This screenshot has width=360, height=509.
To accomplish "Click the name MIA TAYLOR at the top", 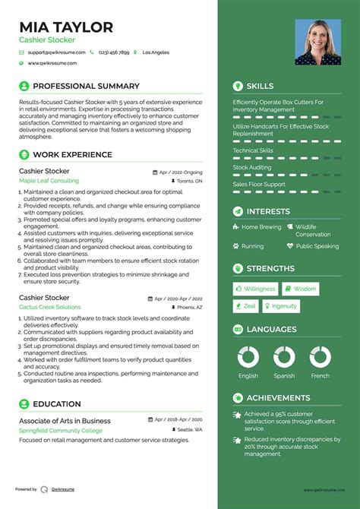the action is point(66,27).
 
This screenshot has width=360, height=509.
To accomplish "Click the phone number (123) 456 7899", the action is point(113,52).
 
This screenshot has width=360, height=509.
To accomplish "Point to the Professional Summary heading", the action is point(87,87).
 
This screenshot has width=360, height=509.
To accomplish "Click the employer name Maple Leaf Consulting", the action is point(49,182).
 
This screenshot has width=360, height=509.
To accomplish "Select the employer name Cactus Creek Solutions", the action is point(50,307).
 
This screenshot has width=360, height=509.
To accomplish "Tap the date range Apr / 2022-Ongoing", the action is point(181,172).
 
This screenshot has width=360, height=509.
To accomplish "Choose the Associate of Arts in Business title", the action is point(65,420).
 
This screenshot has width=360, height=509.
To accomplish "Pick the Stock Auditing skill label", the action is point(251,167).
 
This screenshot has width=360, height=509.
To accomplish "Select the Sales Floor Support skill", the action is point(259,184).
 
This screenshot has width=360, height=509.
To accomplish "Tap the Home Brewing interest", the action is point(261,226).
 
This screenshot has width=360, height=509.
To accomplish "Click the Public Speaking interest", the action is point(317,246).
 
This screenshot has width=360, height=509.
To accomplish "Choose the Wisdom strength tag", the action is point(301,289).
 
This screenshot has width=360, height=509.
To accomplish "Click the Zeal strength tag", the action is point(246,306).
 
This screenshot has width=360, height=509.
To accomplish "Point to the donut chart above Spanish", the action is point(284,356).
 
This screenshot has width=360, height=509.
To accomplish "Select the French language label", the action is point(321,375).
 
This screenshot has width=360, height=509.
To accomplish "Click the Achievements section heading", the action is point(279,398).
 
